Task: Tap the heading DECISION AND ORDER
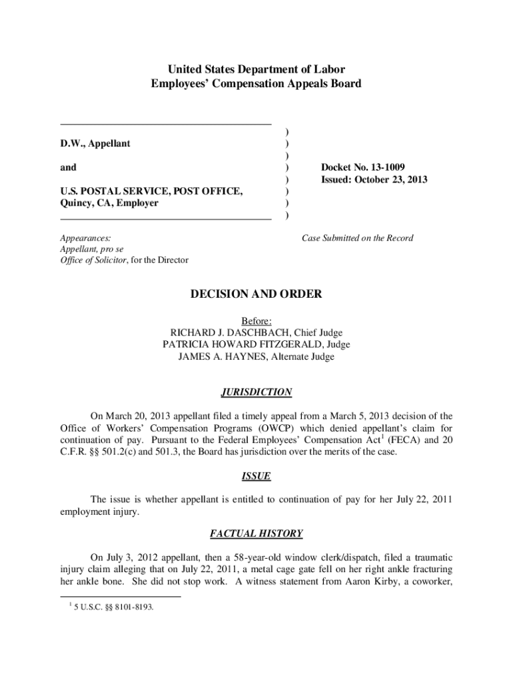[256, 294]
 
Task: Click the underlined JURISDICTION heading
[256, 392]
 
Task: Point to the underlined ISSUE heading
[256, 476]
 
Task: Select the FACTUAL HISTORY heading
[256, 533]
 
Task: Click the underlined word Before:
[256, 320]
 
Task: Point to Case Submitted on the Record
[358, 238]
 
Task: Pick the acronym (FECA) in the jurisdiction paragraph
[388, 440]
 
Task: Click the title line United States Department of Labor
[256, 70]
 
